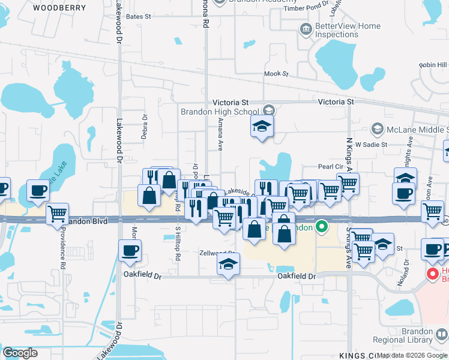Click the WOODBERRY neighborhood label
click(56, 8)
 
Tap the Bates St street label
click(139, 17)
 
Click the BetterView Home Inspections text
click(348, 31)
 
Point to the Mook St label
click(277, 74)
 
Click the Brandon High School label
click(221, 111)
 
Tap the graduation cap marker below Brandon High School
click(262, 127)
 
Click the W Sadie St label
click(372, 145)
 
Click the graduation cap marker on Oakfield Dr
click(228, 264)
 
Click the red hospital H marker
click(431, 273)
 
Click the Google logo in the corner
click(20, 353)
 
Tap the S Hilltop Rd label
click(178, 244)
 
